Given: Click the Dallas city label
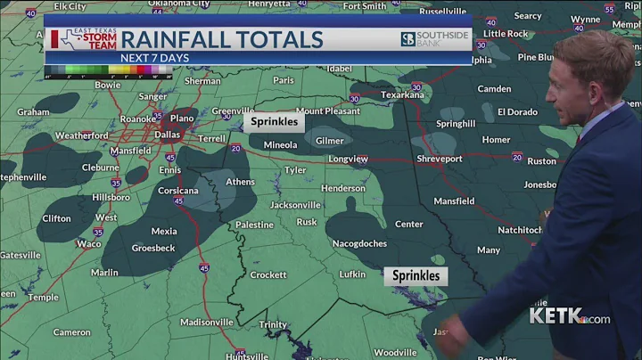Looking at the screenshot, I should click(167, 135).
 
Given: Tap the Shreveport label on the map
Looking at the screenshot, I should click(440, 159).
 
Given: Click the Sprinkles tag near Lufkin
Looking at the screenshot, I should click(416, 275).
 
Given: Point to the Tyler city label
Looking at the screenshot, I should click(295, 170).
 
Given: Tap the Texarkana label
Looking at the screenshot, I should click(401, 94).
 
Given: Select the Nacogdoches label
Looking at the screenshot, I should click(360, 243).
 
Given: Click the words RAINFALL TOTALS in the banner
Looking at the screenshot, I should click(221, 39).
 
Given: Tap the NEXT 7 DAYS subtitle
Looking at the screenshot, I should click(154, 59).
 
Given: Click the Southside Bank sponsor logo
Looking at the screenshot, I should click(433, 39).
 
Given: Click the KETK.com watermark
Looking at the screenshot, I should click(569, 315).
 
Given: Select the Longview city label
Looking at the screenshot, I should click(348, 159).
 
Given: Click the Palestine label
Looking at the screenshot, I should click(254, 225).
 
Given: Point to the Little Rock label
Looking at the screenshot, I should click(506, 34).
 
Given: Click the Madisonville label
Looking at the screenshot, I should click(206, 322).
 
